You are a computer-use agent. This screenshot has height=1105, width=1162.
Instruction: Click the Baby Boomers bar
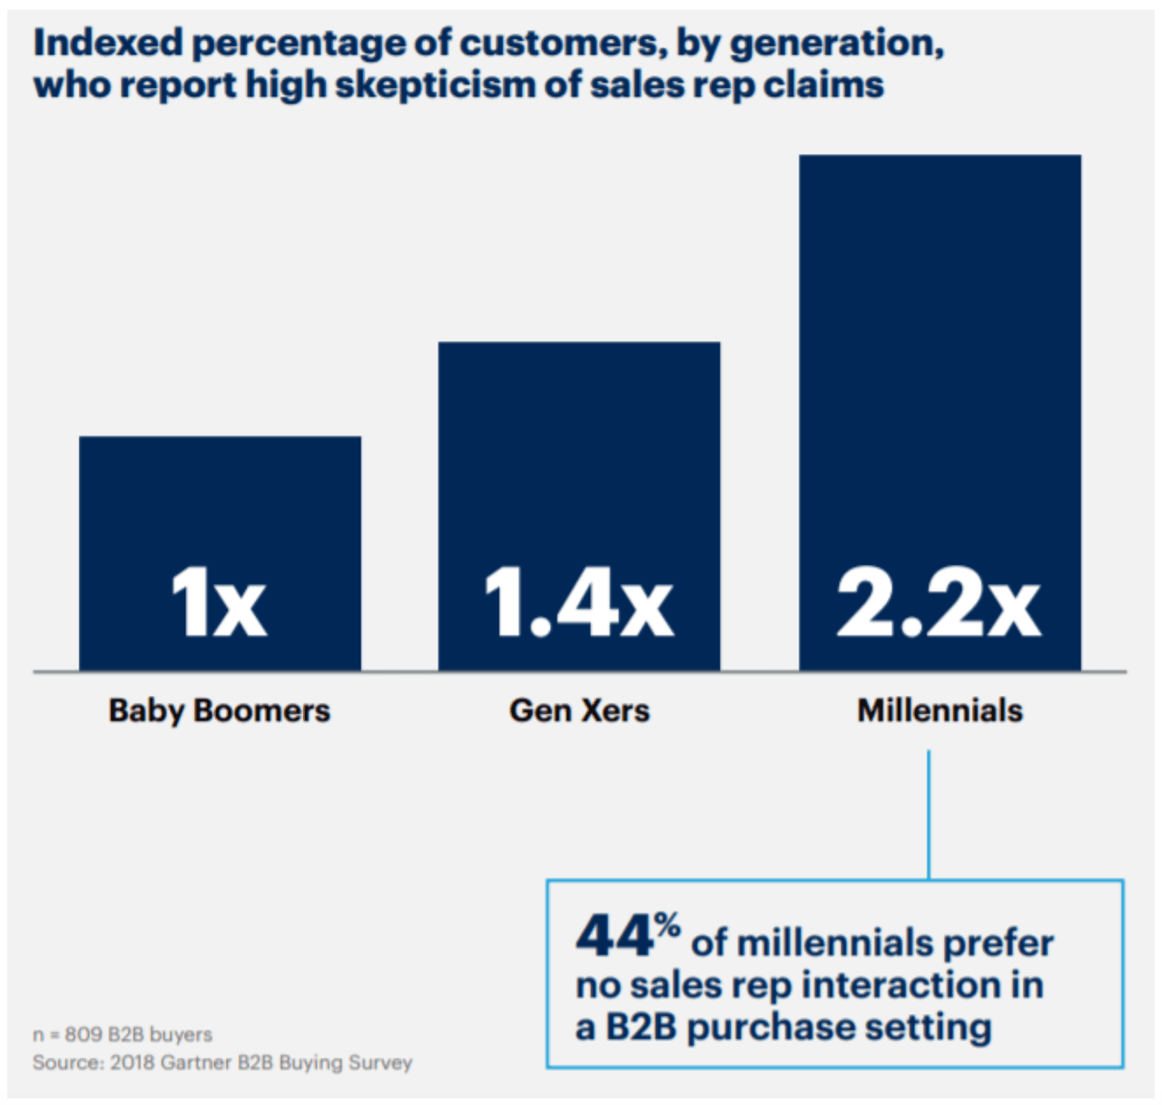pos(220,508)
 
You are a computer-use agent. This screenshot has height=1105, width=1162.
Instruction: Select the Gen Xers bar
pos(579,454)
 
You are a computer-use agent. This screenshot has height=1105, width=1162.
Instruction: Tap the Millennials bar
pos(940,363)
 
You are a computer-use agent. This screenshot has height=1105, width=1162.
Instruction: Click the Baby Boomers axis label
pos(219,710)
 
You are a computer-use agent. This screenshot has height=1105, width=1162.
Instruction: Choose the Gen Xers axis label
pos(579,710)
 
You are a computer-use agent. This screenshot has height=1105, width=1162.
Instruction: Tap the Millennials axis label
pos(940,710)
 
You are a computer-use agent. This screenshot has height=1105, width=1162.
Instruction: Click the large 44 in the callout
pos(615,936)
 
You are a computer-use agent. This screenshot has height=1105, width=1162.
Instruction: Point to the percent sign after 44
pos(667,926)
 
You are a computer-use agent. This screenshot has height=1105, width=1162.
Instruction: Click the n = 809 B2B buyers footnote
pos(123,1034)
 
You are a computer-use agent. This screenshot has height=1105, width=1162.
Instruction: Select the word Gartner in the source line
pos(196,1062)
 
